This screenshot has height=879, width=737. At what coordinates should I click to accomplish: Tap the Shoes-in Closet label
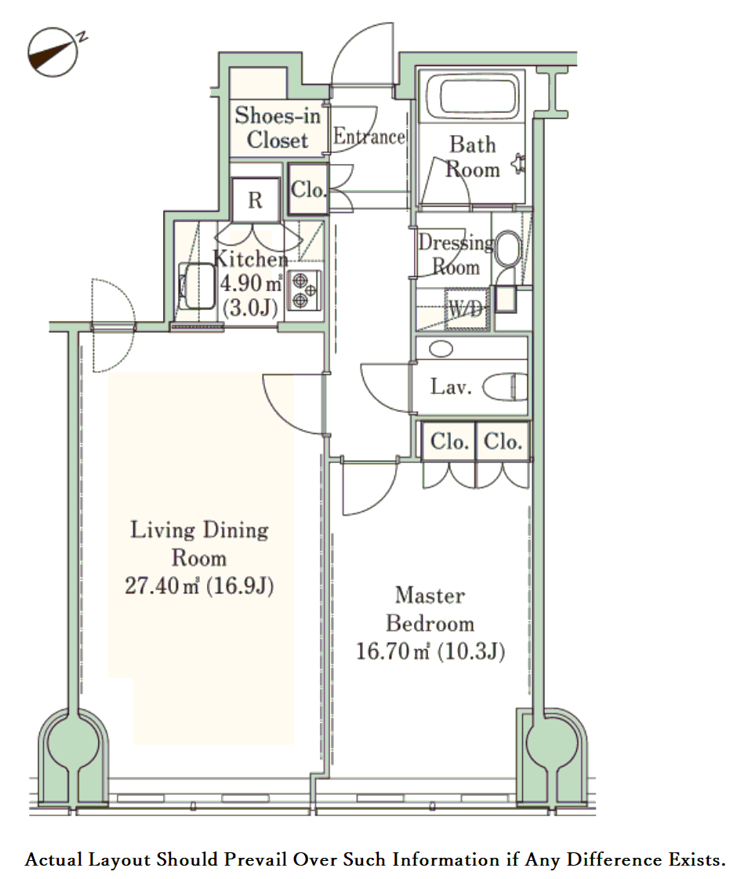pyautogui.click(x=278, y=127)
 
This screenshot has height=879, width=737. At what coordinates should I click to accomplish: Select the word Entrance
pyautogui.click(x=368, y=137)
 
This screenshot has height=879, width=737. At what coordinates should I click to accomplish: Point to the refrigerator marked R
pyautogui.click(x=255, y=199)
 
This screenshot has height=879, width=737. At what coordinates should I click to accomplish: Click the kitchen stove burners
pyautogui.click(x=303, y=290)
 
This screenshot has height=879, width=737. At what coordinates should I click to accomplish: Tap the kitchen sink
pyautogui.click(x=196, y=286)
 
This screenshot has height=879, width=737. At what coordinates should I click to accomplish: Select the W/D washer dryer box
pyautogui.click(x=466, y=308)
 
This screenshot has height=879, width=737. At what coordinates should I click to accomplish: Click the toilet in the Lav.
pyautogui.click(x=505, y=388)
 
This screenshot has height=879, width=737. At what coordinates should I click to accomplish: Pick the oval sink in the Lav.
pyautogui.click(x=441, y=348)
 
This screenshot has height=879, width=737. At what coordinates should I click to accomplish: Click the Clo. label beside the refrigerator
pyautogui.click(x=308, y=189)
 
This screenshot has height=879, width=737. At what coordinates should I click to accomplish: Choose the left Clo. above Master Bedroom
pyautogui.click(x=449, y=442)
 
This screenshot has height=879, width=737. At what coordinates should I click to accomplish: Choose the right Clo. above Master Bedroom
pyautogui.click(x=503, y=442)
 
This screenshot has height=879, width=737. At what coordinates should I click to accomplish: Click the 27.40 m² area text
pyautogui.click(x=162, y=585)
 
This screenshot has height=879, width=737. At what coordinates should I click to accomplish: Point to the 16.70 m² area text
pyautogui.click(x=393, y=651)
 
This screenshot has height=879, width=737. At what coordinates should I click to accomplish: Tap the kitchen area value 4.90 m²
pyautogui.click(x=250, y=283)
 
